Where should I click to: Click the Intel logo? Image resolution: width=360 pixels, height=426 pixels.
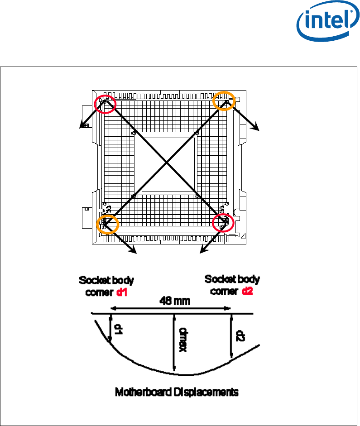[x=328, y=21]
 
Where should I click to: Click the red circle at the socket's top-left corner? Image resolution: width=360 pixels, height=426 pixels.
[x=95, y=104]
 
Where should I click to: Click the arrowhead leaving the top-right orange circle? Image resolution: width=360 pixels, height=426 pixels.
[x=256, y=127]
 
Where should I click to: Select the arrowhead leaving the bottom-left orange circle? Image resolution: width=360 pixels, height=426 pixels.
[x=133, y=250]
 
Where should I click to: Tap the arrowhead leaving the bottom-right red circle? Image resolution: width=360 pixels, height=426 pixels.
[x=203, y=250]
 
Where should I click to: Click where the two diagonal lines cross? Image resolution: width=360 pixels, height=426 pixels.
[x=166, y=163]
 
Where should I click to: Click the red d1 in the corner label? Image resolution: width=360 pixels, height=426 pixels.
[x=122, y=292]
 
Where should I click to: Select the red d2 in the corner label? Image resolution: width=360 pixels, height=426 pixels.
[x=248, y=291]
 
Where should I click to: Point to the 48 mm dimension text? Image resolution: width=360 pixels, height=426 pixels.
[x=175, y=301]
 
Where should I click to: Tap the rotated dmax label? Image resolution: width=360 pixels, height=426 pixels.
[x=183, y=340]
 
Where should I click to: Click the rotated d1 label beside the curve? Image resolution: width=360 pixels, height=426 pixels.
[x=118, y=329]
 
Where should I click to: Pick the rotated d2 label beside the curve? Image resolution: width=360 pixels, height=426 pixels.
[x=240, y=336]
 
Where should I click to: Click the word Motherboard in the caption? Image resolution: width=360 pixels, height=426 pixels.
[x=143, y=392]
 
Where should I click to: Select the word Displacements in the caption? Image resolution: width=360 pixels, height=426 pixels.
[x=206, y=392]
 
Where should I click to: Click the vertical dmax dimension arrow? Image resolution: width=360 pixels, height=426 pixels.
[x=174, y=342]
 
